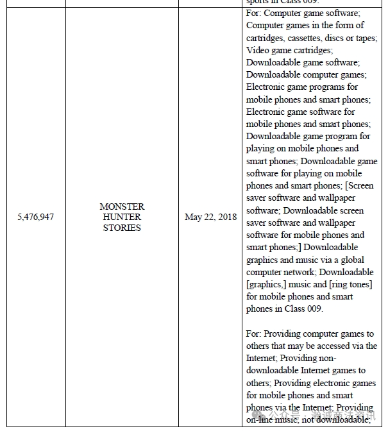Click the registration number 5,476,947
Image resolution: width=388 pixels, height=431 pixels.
pos(35,217)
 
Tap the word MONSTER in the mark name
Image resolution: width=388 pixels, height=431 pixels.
pos(122,207)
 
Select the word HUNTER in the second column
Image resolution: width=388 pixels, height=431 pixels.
pos(122,217)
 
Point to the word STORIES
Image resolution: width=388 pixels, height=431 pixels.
pos(122,228)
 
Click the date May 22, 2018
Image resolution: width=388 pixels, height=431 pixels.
pos(210,217)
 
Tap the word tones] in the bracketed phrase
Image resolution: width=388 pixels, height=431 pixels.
pos(360,284)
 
